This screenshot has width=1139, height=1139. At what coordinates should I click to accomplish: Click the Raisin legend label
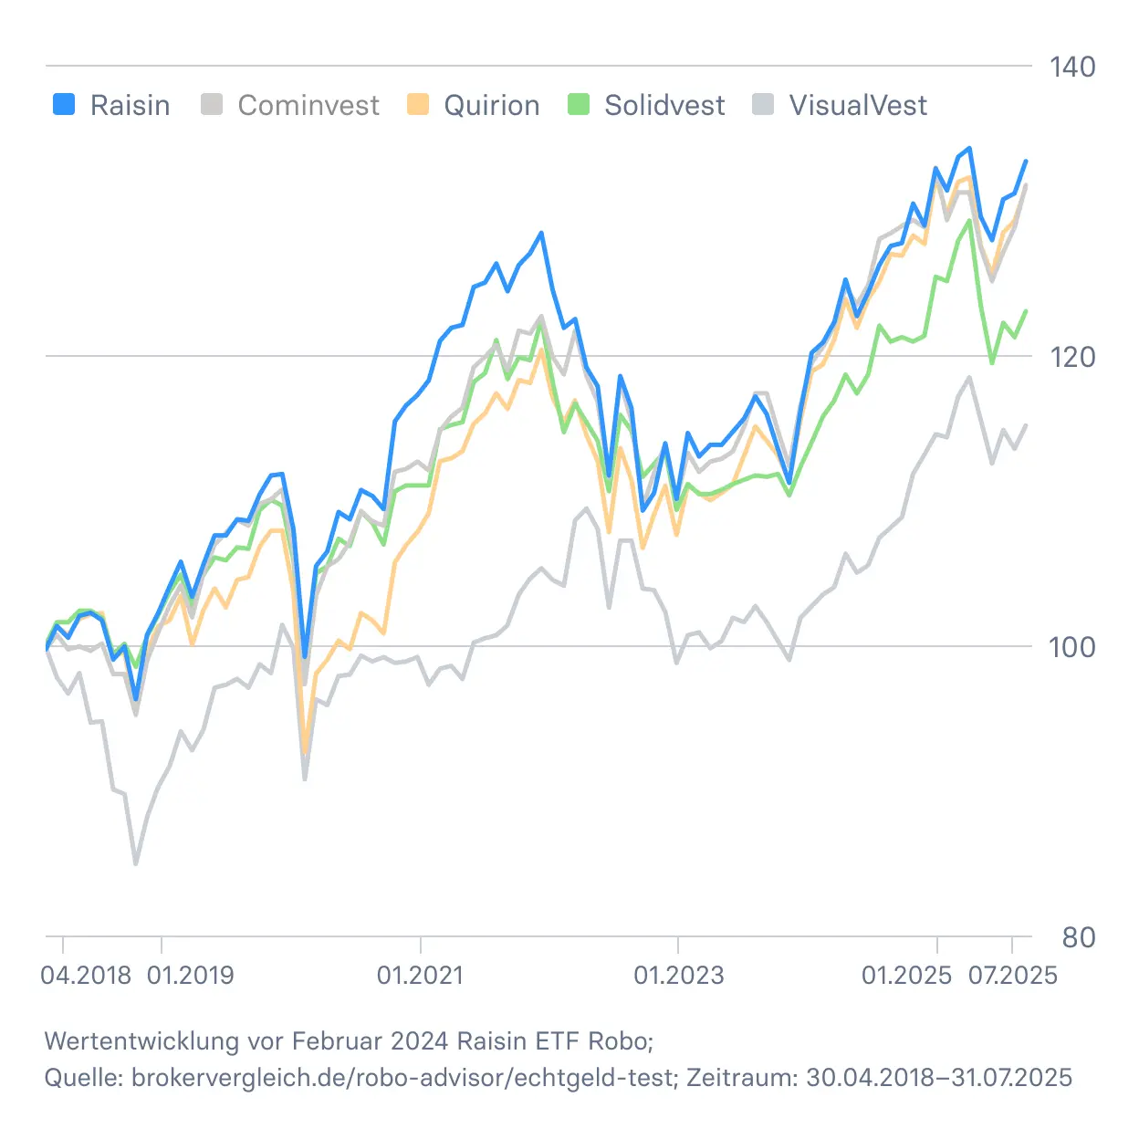(x=130, y=106)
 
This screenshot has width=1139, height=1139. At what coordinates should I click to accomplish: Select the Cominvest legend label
(x=308, y=106)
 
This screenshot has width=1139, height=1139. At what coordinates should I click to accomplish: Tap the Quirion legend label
(x=491, y=106)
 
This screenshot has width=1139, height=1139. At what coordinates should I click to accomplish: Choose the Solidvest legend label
(x=664, y=106)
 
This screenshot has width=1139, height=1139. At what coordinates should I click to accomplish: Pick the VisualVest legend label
(x=858, y=106)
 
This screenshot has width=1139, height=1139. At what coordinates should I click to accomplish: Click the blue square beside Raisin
(x=64, y=104)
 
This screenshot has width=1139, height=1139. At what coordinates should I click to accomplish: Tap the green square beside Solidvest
(x=579, y=104)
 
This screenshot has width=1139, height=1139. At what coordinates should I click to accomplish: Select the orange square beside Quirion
(x=418, y=104)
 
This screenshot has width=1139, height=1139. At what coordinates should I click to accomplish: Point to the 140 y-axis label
(x=1071, y=67)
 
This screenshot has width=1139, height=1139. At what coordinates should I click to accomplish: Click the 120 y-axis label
(x=1071, y=357)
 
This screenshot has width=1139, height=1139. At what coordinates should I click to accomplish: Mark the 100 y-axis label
(x=1071, y=647)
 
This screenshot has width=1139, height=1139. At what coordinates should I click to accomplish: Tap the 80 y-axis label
(x=1079, y=937)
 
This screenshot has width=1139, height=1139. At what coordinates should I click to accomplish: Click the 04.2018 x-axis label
(x=86, y=976)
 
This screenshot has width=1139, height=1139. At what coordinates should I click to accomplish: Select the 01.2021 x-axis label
(x=420, y=976)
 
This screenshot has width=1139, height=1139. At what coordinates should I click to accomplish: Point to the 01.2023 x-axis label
(x=678, y=976)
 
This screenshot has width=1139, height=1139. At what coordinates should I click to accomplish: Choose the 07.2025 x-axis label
(x=1012, y=976)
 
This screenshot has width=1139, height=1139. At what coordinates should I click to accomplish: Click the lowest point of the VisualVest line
(x=136, y=862)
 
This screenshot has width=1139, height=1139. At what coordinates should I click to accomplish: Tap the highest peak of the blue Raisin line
(x=969, y=148)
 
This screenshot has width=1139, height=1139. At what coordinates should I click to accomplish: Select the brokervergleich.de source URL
(x=402, y=1078)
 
